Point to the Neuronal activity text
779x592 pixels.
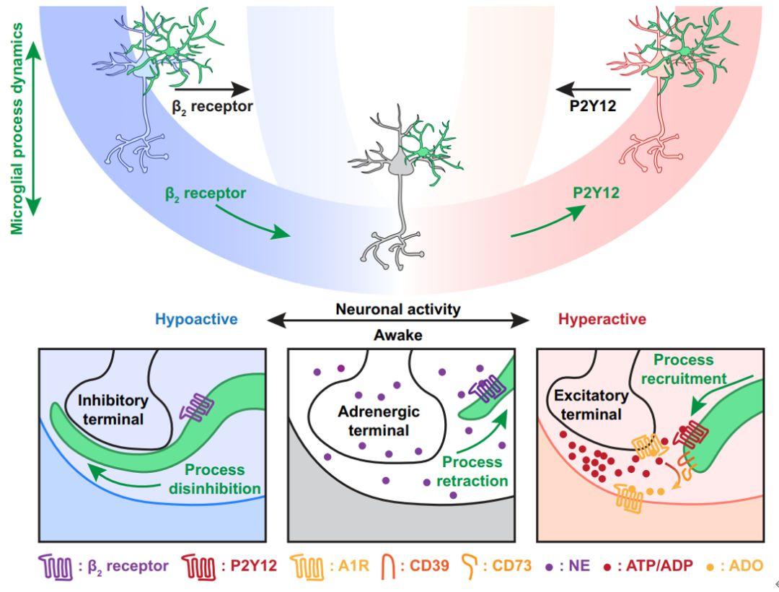click(397, 310)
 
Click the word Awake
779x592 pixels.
click(397, 334)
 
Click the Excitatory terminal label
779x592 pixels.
click(589, 406)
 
